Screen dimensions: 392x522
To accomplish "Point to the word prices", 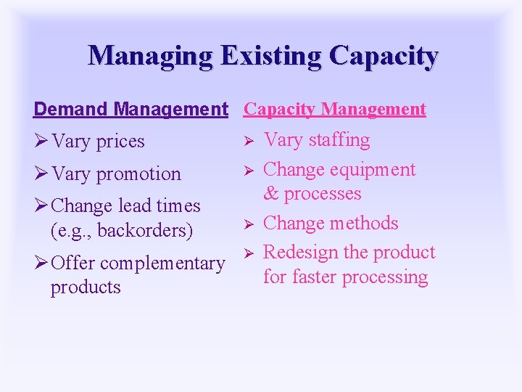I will click(x=120, y=142).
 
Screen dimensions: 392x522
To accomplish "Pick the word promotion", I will click(x=138, y=174).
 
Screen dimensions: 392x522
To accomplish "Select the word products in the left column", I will click(x=86, y=287).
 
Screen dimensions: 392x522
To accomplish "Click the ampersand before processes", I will click(x=271, y=194).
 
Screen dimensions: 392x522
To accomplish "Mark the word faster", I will click(x=312, y=277).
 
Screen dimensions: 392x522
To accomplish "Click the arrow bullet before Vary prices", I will click(x=42, y=142).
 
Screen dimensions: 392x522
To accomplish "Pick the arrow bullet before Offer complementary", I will click(x=42, y=263).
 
